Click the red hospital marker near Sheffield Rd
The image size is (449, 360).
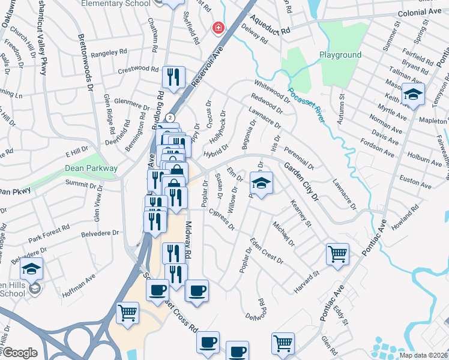pos(217,28)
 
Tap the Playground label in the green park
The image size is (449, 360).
pos(340,55)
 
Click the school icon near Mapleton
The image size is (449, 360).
pos(413,95)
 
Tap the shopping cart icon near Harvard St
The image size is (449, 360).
pos(337,253)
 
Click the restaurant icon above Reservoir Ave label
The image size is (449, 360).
pos(172,76)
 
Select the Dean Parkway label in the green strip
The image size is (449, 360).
pos(91,169)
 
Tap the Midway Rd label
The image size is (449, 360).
pos(187,240)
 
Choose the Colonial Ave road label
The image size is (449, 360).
pos(419,13)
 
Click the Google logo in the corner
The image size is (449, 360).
pos(19,353)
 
